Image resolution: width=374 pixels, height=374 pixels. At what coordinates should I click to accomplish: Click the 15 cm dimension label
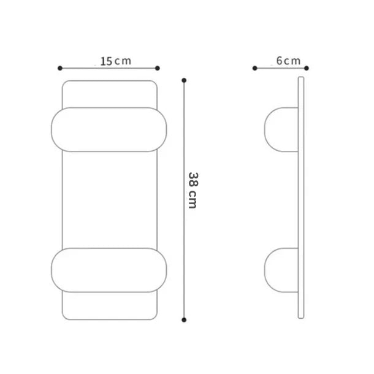pyautogui.click(x=116, y=61)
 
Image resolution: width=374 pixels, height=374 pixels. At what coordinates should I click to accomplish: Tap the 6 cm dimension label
pyautogui.click(x=288, y=61)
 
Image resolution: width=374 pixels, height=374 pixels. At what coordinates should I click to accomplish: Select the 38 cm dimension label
pyautogui.click(x=193, y=190)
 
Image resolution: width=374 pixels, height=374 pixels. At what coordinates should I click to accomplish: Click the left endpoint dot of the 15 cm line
pyautogui.click(x=60, y=69)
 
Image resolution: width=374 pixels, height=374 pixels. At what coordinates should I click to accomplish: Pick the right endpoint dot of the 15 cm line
pyautogui.click(x=157, y=69)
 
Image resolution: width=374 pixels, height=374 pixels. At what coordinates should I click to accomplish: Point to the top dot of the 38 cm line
pyautogui.click(x=184, y=80)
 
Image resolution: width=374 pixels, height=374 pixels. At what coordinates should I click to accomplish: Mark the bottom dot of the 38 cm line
pyautogui.click(x=184, y=320)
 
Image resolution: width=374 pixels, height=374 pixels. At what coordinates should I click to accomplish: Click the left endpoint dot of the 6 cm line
pyautogui.click(x=254, y=69)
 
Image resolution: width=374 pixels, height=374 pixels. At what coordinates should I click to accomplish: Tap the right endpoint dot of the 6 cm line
pyautogui.click(x=307, y=69)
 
